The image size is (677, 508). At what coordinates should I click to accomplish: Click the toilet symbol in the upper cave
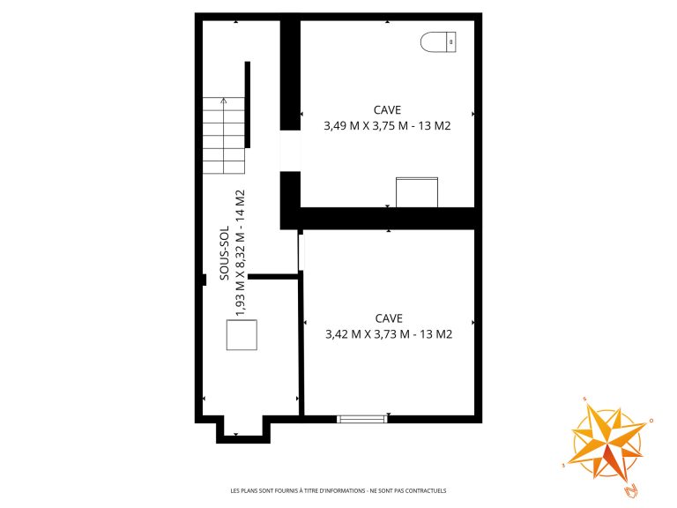(x=438, y=42)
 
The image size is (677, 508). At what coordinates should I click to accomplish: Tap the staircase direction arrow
(x=223, y=135)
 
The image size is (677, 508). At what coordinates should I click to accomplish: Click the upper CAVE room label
(x=387, y=110)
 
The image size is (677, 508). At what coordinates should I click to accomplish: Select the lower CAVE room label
(x=389, y=318)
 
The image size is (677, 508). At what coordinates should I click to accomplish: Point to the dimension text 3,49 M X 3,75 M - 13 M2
(x=387, y=126)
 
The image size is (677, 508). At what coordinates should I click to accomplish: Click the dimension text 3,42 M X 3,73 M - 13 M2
(x=389, y=334)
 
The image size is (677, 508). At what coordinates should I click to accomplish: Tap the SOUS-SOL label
(x=225, y=253)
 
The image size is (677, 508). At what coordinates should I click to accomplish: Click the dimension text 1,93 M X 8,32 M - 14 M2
(x=240, y=253)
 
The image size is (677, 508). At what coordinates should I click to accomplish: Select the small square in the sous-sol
(x=242, y=335)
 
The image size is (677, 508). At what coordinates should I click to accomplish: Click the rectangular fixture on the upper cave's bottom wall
(x=417, y=192)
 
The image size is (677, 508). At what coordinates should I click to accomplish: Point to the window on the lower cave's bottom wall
(x=361, y=419)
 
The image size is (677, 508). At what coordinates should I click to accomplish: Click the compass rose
(x=606, y=443)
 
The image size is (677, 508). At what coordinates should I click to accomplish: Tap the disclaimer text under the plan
(x=338, y=490)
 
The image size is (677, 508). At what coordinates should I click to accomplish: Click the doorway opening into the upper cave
(x=290, y=151)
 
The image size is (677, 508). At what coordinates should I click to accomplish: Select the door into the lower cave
(x=301, y=253)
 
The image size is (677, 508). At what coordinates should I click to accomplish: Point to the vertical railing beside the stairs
(x=248, y=105)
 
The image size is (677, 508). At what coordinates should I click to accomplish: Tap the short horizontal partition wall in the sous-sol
(x=273, y=276)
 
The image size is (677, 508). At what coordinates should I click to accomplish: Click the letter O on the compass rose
(x=651, y=421)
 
